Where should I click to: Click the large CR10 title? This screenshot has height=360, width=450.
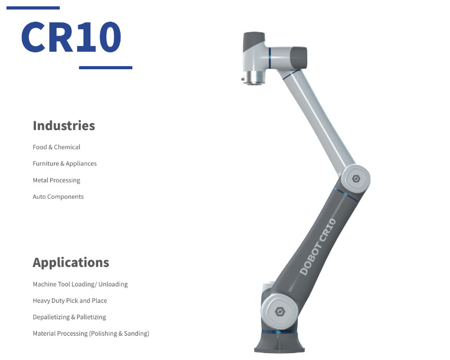pyautogui.click(x=71, y=37)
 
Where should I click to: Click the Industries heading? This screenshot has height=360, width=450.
pyautogui.click(x=63, y=126)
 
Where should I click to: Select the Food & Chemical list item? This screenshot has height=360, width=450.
pyautogui.click(x=57, y=147)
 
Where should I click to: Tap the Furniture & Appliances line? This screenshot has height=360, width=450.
pyautogui.click(x=65, y=163)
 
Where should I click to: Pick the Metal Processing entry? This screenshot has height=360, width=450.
pyautogui.click(x=56, y=180)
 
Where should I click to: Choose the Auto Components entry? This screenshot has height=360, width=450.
pyautogui.click(x=58, y=197)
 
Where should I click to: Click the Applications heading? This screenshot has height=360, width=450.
pyautogui.click(x=71, y=263)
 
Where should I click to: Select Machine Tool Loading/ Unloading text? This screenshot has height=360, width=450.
pyautogui.click(x=80, y=284)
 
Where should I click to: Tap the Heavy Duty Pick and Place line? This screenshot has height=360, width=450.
pyautogui.click(x=70, y=301)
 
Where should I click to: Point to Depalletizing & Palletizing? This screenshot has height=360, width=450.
pyautogui.click(x=69, y=317)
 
